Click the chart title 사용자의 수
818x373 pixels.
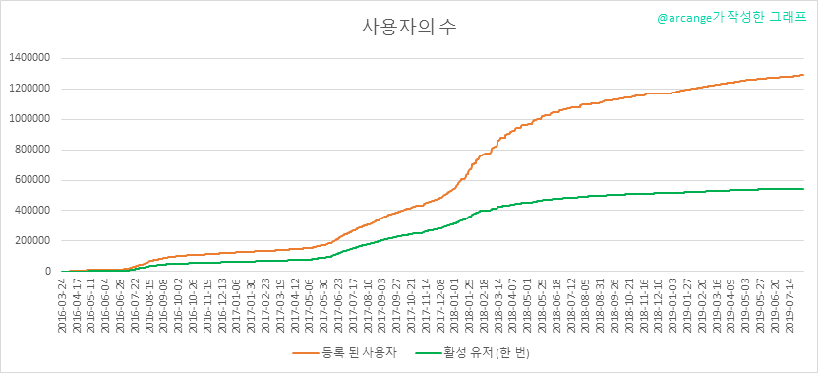click(409, 28)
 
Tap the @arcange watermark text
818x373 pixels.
click(731, 18)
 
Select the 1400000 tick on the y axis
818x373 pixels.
click(29, 58)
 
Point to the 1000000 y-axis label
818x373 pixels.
click(29, 119)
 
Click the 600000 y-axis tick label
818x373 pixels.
click(31, 180)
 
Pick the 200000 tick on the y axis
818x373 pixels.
click(31, 241)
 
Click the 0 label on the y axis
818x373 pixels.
click(47, 271)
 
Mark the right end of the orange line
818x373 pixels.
click(804, 75)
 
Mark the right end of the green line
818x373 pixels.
click(804, 189)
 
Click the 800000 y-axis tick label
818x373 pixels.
click(31, 150)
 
